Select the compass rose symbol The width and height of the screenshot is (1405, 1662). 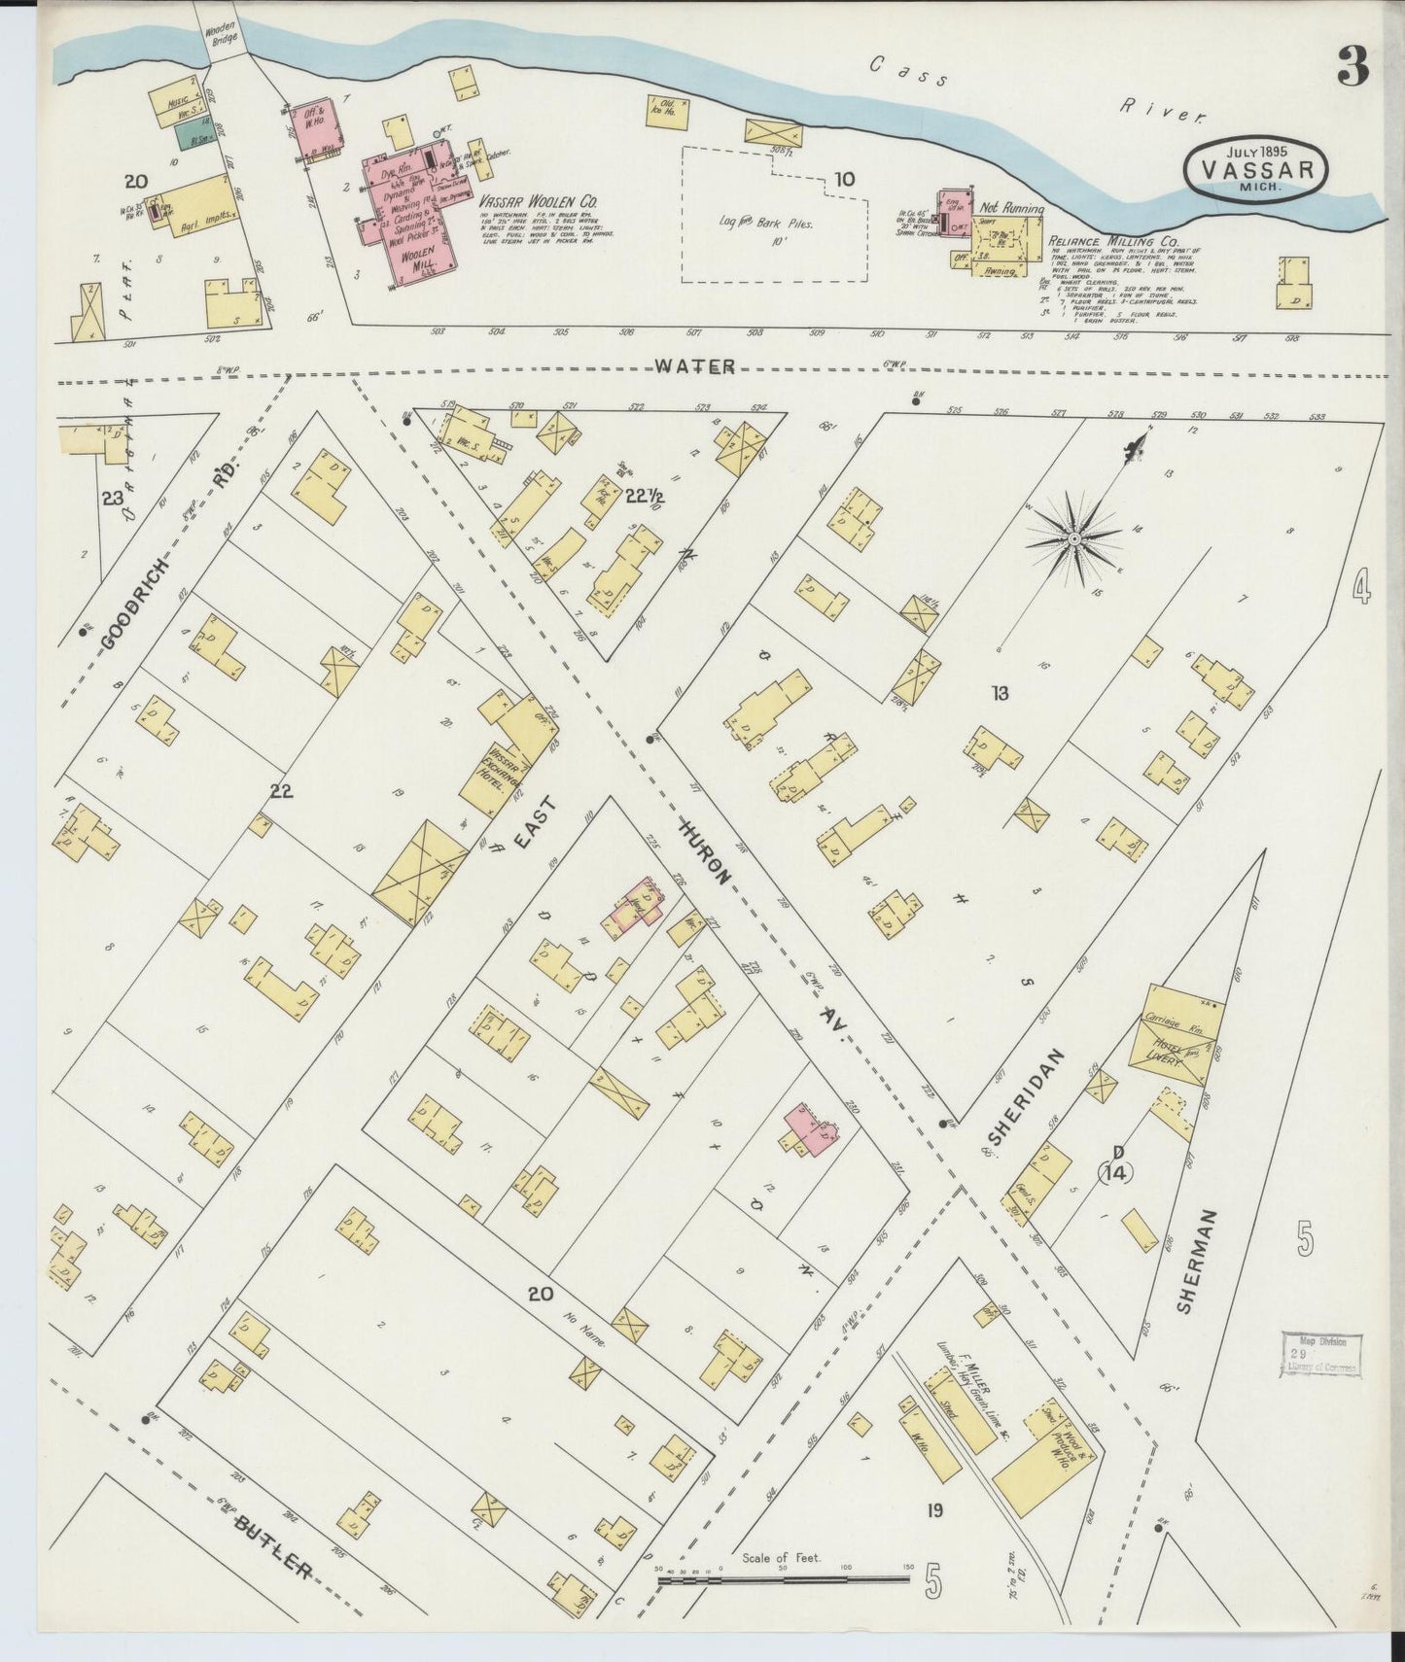tap(1075, 537)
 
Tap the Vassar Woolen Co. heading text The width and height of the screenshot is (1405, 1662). tap(538, 200)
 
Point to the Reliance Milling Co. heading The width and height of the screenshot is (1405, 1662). tap(1114, 239)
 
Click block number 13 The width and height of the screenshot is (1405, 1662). tap(1000, 693)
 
